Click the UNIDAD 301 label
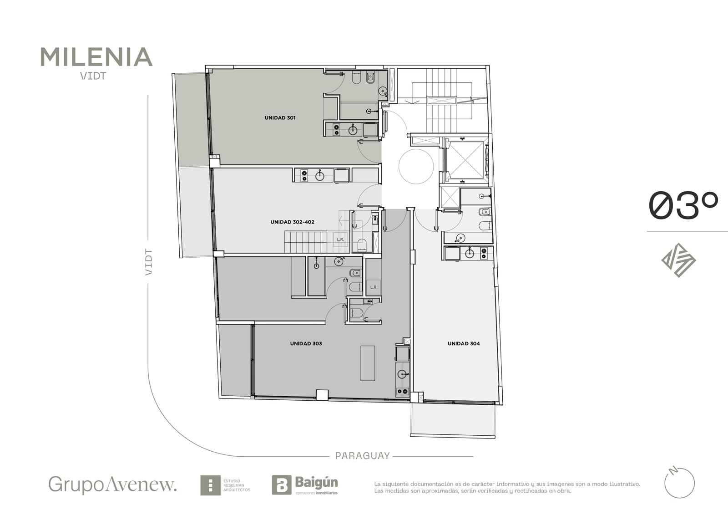(x=280, y=118)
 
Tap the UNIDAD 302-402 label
(x=292, y=222)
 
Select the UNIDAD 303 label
(x=306, y=343)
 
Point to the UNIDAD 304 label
(x=464, y=343)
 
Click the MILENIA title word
(x=96, y=57)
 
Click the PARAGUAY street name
(x=362, y=456)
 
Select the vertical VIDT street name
(x=148, y=262)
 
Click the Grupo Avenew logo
(x=112, y=485)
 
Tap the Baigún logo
(x=305, y=485)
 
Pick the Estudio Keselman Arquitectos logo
(x=225, y=485)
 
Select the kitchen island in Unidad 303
(x=368, y=363)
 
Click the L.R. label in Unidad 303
(x=374, y=287)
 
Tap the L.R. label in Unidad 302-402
(x=340, y=240)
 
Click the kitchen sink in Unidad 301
(x=353, y=130)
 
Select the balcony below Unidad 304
(x=453, y=420)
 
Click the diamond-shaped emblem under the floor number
(x=678, y=260)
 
